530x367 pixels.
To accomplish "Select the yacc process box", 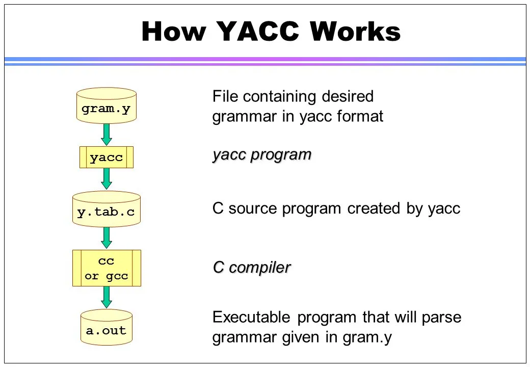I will pos(106,157).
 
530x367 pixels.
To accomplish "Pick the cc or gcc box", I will pos(106,268).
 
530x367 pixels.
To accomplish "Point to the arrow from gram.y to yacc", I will pos(106,134).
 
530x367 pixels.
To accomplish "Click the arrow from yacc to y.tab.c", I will pos(106,179).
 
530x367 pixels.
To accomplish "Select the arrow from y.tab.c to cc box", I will pos(106,237).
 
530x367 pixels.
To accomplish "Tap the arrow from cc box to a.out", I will pos(106,297).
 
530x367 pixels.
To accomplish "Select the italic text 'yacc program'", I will pos(261,154).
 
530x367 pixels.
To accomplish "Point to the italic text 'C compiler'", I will pos(251,267).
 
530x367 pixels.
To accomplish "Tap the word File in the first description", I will pos(225,96).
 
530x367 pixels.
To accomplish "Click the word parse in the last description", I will pos(441,318).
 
